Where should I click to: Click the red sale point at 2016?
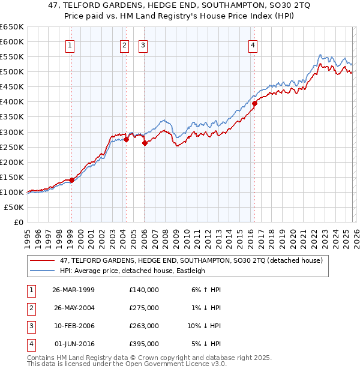(254, 103)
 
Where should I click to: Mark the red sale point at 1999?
(71, 180)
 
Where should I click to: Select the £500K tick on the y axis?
(13, 72)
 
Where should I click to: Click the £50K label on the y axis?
(14, 207)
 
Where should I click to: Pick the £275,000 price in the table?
(144, 307)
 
